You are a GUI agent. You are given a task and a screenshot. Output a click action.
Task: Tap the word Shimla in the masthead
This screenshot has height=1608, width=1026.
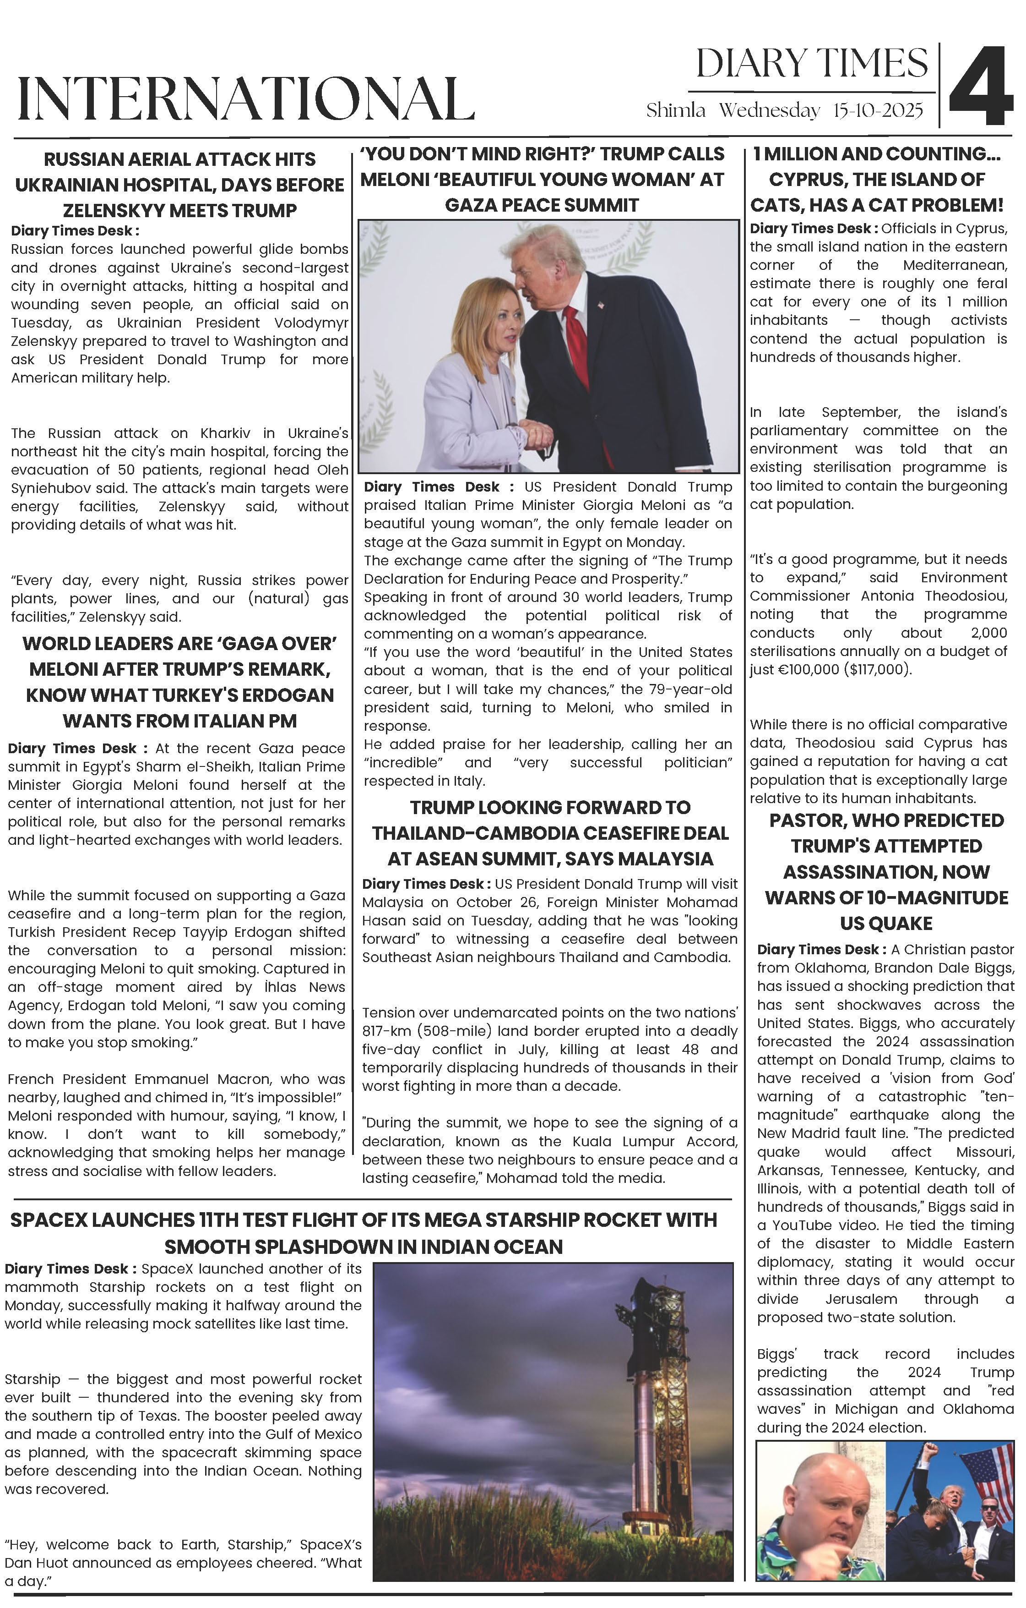676,111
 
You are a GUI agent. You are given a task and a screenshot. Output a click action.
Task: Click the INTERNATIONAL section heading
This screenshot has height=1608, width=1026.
246,99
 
